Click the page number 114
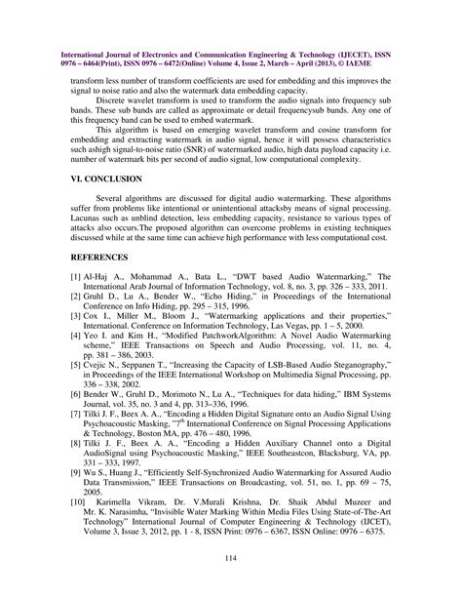(230, 557)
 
